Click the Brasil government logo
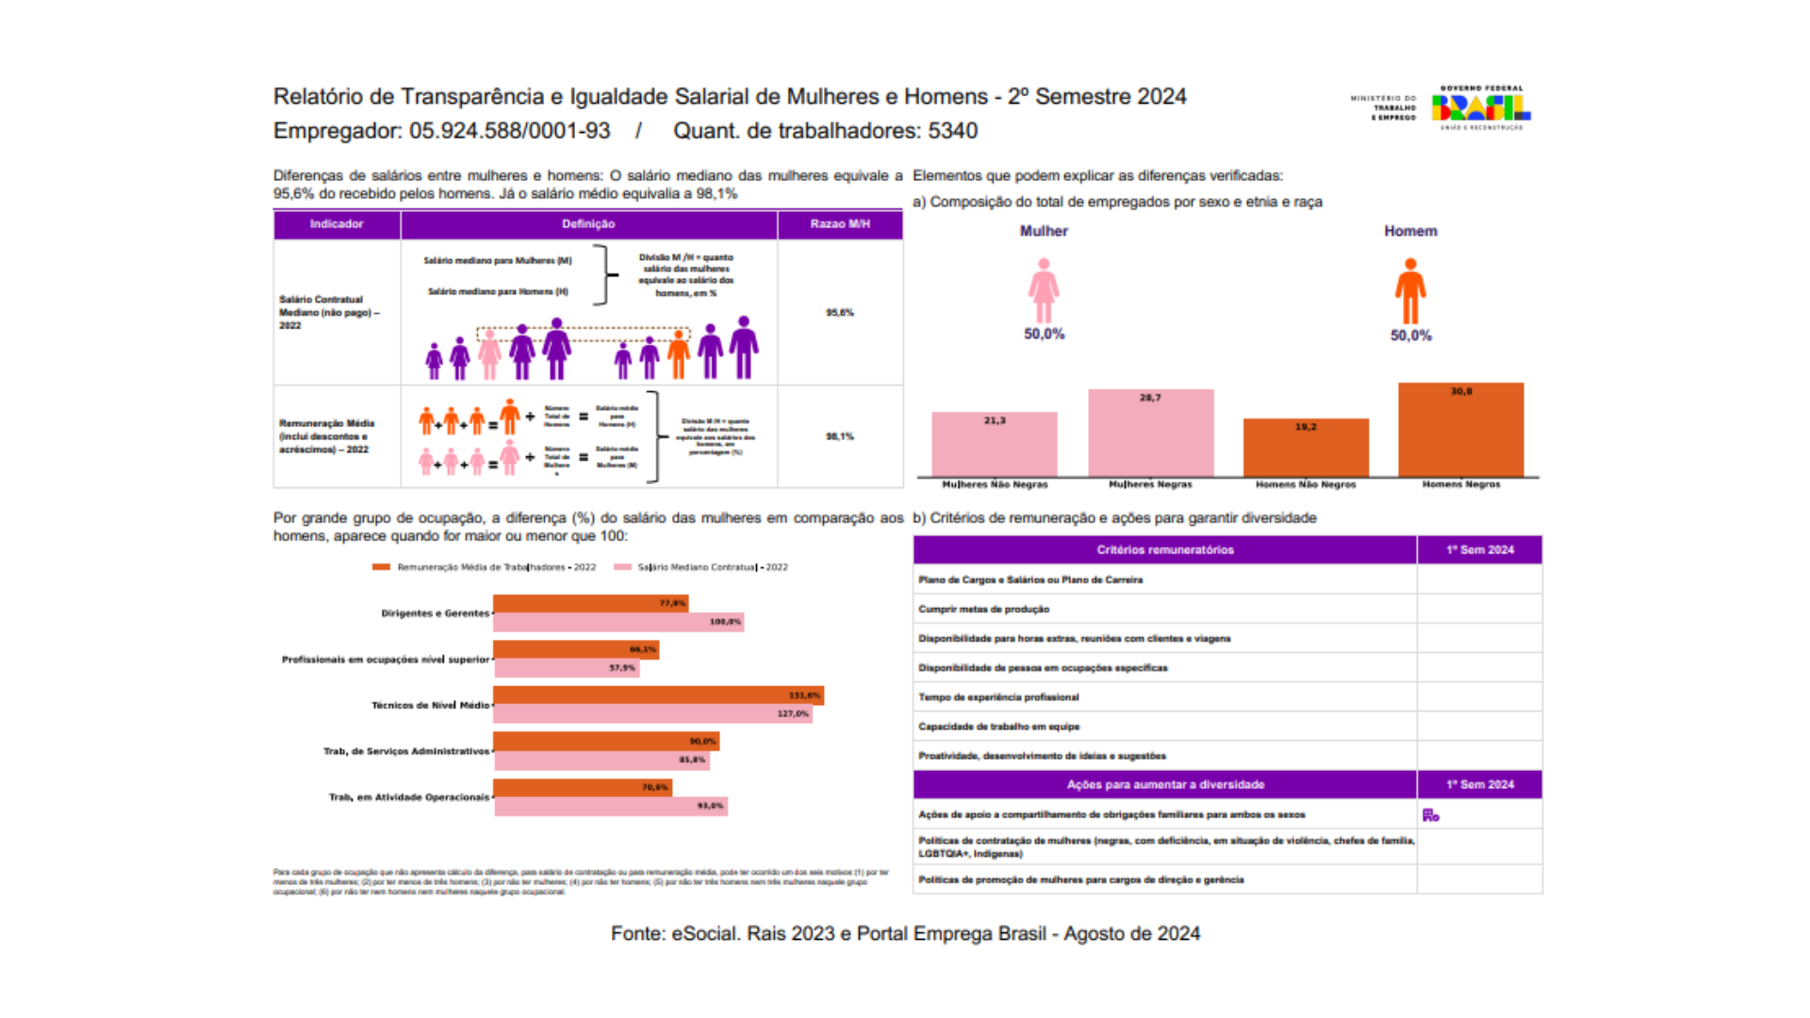tap(1480, 107)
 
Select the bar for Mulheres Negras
tap(1150, 434)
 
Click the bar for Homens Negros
tap(1460, 430)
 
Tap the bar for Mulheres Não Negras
tap(994, 445)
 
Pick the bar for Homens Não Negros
tap(1306, 448)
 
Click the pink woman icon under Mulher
tap(1043, 291)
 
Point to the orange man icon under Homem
tap(1410, 292)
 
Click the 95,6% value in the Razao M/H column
tap(840, 312)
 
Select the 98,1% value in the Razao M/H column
tap(840, 436)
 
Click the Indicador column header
tap(337, 224)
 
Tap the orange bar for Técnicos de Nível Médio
tap(658, 696)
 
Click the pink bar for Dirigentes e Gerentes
tap(618, 622)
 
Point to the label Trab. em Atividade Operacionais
tap(408, 797)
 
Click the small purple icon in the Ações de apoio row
tap(1430, 815)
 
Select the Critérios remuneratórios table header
tap(1164, 550)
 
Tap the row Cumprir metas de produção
tap(983, 609)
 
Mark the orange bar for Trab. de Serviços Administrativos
tap(605, 741)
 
